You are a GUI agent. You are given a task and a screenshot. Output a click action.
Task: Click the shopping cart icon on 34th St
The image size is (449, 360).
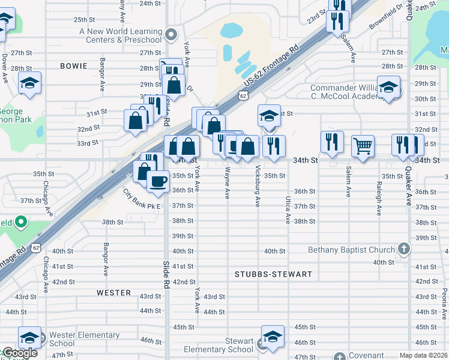[363, 145]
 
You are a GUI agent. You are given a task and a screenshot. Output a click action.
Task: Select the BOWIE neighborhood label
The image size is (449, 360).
[73, 65]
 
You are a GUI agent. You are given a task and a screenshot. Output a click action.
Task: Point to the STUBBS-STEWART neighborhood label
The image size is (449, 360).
[273, 274]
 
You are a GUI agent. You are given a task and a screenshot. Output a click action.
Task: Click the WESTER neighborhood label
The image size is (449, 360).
[114, 293]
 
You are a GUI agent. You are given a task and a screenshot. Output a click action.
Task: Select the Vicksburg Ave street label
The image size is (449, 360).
[258, 186]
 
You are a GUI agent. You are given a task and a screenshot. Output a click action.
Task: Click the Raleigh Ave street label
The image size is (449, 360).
[379, 199]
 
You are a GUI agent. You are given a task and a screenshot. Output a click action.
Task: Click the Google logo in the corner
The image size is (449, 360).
[19, 353]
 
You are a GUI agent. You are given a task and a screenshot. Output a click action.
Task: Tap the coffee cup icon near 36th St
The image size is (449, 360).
[158, 181]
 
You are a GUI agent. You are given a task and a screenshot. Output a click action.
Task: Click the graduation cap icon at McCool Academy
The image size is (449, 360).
[388, 89]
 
